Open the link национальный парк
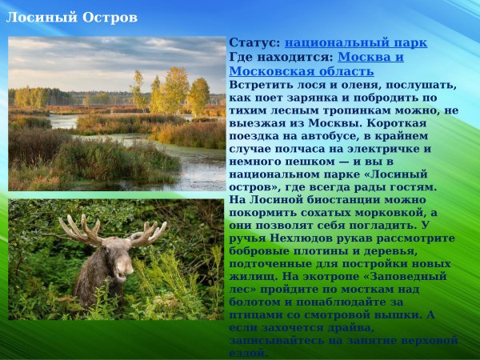[x=355, y=43]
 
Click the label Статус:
[x=254, y=43]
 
